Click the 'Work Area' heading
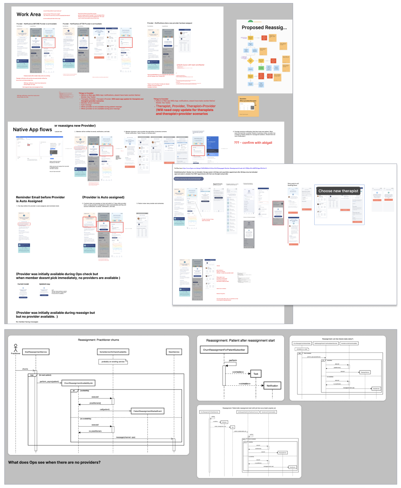pyautogui.click(x=29, y=15)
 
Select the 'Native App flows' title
pyautogui.click(x=32, y=130)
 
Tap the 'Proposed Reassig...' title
pyautogui.click(x=264, y=28)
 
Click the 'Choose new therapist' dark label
pyautogui.click(x=338, y=191)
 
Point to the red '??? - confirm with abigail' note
pyautogui.click(x=253, y=143)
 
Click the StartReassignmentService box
pyautogui.click(x=36, y=352)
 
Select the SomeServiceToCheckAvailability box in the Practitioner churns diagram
pyautogui.click(x=113, y=352)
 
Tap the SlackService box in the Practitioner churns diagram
pyautogui.click(x=174, y=352)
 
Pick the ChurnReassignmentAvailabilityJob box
pyautogui.click(x=78, y=383)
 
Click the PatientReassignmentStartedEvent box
pyautogui.click(x=148, y=411)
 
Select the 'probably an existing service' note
pyautogui.click(x=113, y=361)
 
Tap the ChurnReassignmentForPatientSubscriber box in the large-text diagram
pyautogui.click(x=224, y=350)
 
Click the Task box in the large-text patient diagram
pyautogui.click(x=256, y=374)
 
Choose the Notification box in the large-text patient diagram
pyautogui.click(x=272, y=386)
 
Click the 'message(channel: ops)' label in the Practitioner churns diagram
pyautogui.click(x=126, y=437)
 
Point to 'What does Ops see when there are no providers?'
pyautogui.click(x=54, y=462)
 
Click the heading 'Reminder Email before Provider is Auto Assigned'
pyautogui.click(x=40, y=199)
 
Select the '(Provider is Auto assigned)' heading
pyautogui.click(x=103, y=197)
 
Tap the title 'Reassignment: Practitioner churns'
pyautogui.click(x=98, y=340)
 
